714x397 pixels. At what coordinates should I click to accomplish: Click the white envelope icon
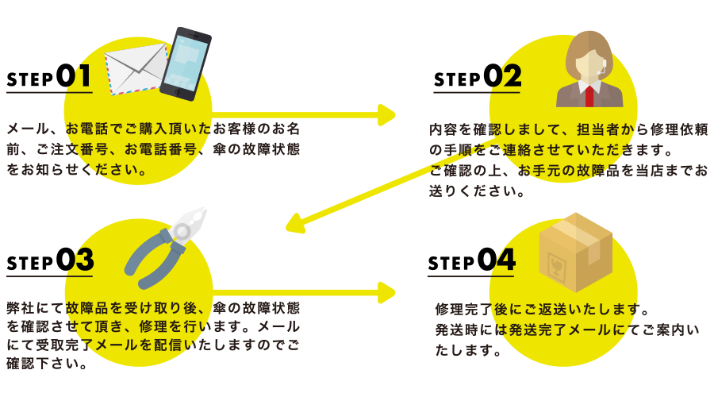point(136,69)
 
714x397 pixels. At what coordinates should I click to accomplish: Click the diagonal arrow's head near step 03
point(295,223)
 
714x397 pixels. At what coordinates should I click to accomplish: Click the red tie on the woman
point(589,96)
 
